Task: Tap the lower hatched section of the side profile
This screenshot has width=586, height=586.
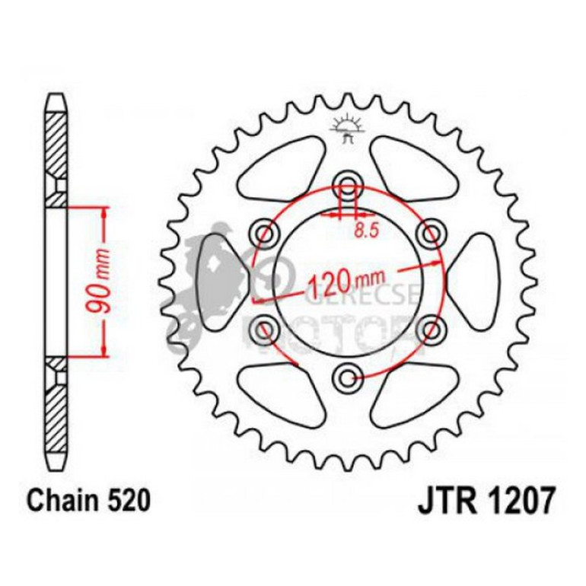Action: click(57, 407)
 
